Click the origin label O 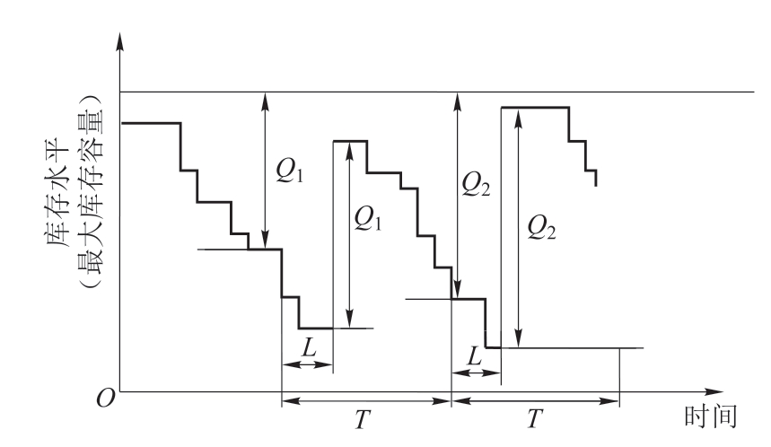[x=106, y=399]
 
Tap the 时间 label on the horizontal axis [x=711, y=416]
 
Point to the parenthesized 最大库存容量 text [x=92, y=190]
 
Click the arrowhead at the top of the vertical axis [x=119, y=41]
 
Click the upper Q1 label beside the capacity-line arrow [x=289, y=171]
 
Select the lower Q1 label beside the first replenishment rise [x=367, y=218]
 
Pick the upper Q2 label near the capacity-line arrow [x=476, y=186]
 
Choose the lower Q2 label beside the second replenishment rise [x=541, y=228]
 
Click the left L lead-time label [x=309, y=348]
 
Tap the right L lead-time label [x=474, y=355]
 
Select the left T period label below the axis [x=362, y=419]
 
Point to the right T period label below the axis [x=534, y=419]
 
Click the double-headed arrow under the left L [x=308, y=364]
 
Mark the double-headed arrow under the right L [x=476, y=373]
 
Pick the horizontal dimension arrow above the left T [x=366, y=401]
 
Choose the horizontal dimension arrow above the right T [x=536, y=401]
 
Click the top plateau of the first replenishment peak [x=351, y=141]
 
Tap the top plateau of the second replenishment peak [x=535, y=107]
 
